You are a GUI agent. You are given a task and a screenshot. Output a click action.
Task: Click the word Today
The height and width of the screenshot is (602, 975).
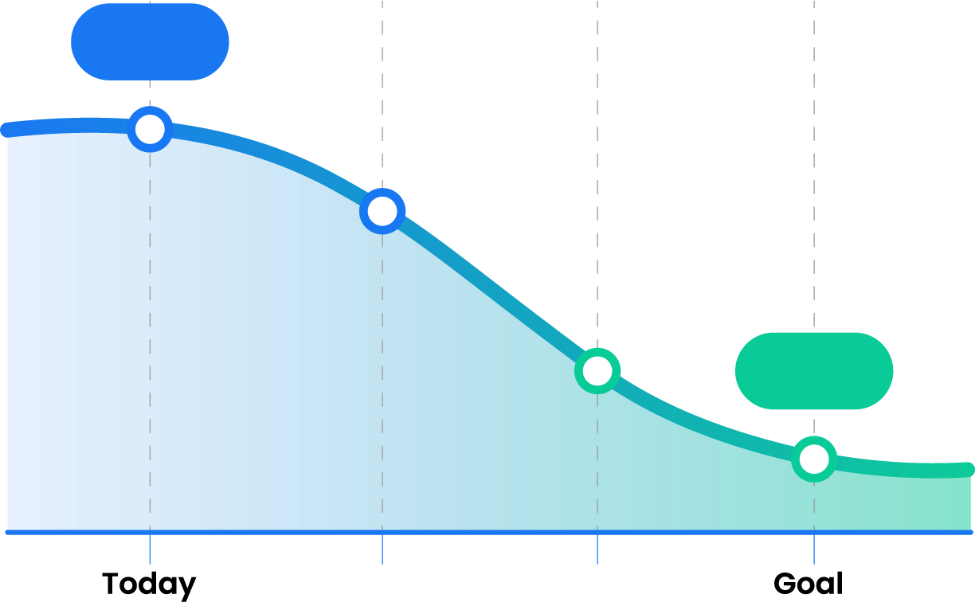[x=149, y=584]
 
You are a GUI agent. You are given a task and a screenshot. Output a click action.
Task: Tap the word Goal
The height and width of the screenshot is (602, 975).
[x=809, y=584]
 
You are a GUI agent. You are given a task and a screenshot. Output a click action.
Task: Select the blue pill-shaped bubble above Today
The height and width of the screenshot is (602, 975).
[x=150, y=41]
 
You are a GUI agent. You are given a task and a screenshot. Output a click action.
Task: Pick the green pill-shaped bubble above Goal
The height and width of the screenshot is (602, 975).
[x=814, y=371]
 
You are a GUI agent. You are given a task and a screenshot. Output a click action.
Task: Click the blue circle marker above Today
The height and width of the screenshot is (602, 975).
[x=150, y=129]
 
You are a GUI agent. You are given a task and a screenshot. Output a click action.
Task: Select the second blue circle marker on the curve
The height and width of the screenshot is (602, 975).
[x=382, y=211]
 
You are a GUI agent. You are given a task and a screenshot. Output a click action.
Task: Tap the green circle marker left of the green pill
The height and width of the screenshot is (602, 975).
[x=597, y=371]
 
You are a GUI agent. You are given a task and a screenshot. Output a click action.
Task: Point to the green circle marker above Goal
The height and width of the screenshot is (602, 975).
[x=814, y=459]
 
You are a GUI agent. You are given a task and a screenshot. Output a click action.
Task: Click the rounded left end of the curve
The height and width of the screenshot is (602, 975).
[x=7, y=130]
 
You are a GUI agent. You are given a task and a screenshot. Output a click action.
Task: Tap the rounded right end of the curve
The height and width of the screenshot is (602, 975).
[x=968, y=470]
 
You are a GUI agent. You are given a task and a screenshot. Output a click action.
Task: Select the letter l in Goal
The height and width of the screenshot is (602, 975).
[x=840, y=583]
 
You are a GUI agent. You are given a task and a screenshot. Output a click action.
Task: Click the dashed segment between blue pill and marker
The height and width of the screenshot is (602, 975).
[x=150, y=93]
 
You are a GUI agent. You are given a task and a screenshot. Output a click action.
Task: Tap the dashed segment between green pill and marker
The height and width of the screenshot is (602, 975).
[x=814, y=422]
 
